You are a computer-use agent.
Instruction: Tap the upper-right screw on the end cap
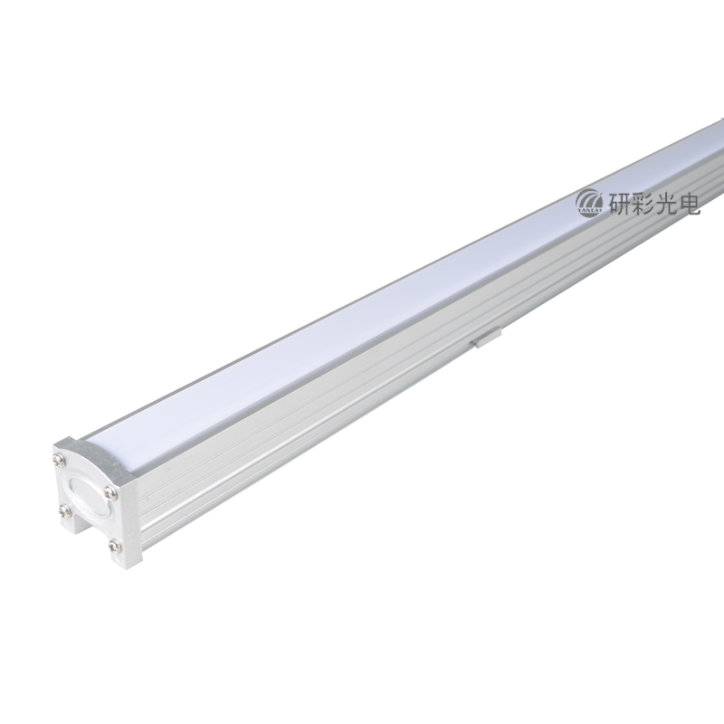(x=110, y=493)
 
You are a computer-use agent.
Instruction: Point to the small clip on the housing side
(x=485, y=337)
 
